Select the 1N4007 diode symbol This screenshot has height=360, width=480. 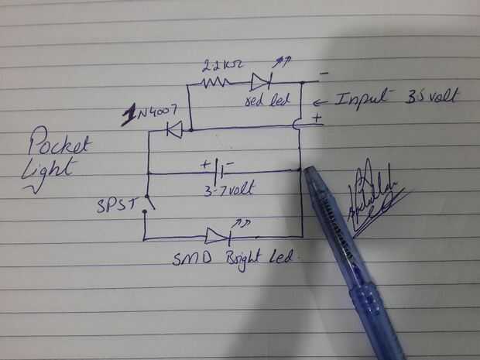(x=175, y=130)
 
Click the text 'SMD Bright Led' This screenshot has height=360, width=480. (x=232, y=258)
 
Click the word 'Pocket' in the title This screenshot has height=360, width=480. (x=60, y=145)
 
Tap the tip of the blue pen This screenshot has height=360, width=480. (x=307, y=171)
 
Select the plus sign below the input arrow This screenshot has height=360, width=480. (x=317, y=118)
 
